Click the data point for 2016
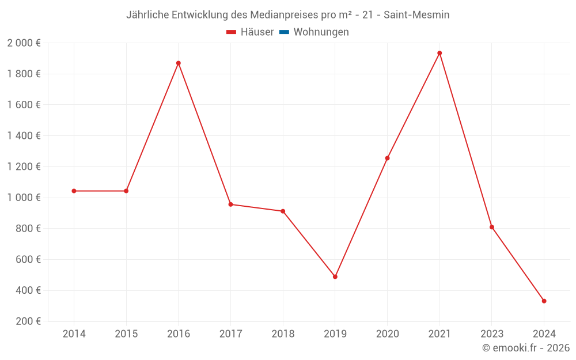click(179, 63)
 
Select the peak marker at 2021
click(439, 53)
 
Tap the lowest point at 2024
click(544, 301)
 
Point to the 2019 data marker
click(335, 277)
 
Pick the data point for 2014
click(74, 191)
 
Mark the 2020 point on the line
click(387, 158)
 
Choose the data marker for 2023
click(492, 227)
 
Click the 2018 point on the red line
click(283, 211)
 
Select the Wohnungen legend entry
click(321, 32)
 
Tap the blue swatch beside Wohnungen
click(284, 32)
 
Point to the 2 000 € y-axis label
click(24, 43)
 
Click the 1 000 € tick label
click(24, 198)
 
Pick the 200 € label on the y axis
click(28, 321)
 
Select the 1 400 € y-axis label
click(24, 136)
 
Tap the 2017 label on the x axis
click(230, 334)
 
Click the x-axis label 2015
click(126, 334)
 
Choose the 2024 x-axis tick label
click(544, 334)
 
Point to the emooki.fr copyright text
click(526, 348)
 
